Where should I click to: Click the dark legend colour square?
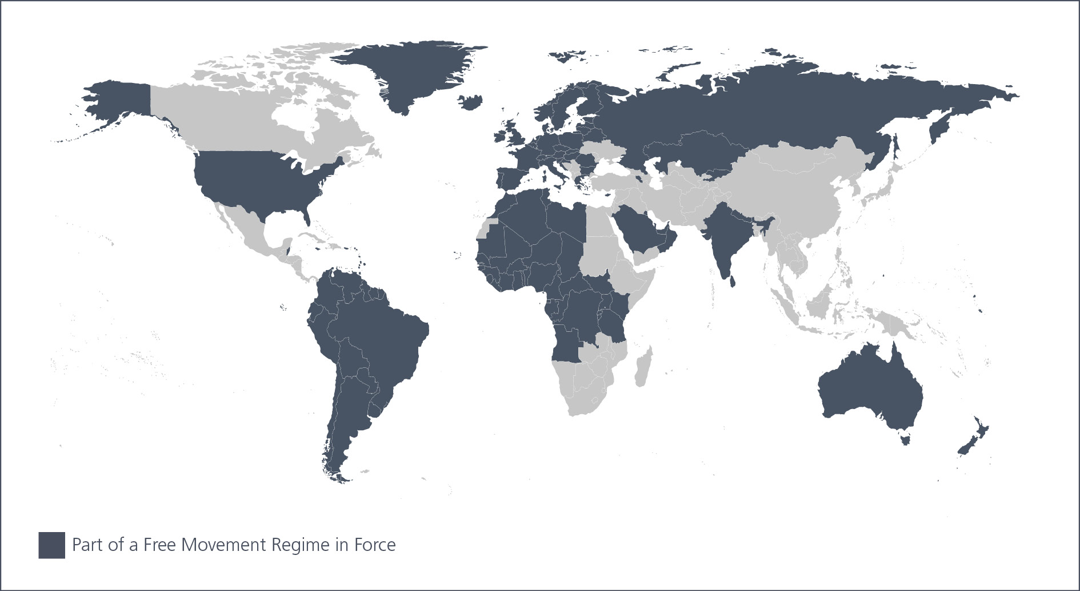(51, 545)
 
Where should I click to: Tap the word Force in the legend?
(375, 545)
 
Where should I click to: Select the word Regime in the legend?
(301, 545)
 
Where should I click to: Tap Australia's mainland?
(869, 389)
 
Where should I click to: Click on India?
(723, 235)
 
